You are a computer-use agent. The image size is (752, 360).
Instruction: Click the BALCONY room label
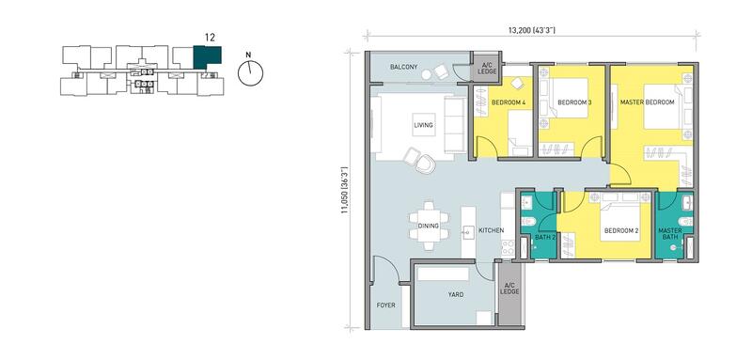404,67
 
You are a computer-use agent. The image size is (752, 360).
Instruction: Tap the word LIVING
424,125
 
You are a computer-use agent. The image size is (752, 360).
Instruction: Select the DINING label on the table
429,227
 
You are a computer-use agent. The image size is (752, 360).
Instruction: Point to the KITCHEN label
491,230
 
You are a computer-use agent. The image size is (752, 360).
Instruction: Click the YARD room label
456,295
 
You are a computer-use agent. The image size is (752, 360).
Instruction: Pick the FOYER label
386,305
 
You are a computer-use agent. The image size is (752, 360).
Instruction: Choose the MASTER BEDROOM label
647,102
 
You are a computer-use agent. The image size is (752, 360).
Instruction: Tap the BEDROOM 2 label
621,230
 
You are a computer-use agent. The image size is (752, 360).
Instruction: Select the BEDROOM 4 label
509,102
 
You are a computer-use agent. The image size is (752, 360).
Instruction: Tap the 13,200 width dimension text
531,30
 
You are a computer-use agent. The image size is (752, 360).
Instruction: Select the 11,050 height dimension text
344,190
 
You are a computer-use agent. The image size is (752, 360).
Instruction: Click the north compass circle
250,73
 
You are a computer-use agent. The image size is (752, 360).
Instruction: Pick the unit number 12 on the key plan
209,37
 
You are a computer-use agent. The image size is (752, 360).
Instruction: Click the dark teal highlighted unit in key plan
207,57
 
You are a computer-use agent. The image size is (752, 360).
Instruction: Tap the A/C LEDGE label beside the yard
509,289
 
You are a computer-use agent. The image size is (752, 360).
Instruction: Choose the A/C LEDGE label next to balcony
486,69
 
